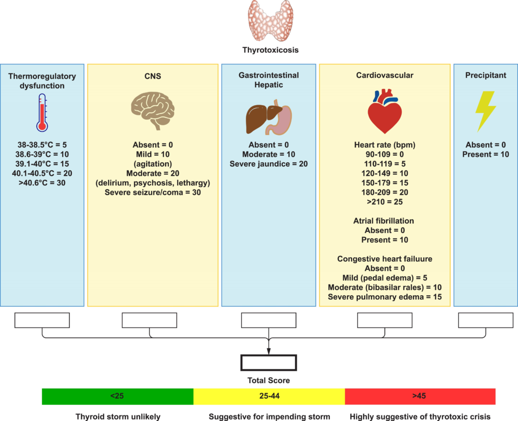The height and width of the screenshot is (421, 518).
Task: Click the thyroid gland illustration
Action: [270, 21]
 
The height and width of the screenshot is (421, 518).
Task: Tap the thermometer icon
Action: [42, 113]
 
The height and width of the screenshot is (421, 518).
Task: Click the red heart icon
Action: [384, 111]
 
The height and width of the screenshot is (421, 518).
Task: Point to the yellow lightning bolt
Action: [486, 111]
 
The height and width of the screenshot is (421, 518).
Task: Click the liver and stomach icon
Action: [269, 117]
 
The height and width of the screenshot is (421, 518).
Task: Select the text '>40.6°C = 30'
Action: [42, 183]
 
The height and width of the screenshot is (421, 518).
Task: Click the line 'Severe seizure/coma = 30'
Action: [153, 193]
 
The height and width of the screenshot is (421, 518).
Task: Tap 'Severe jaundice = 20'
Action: [269, 164]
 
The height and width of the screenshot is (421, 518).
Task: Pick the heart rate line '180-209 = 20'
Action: [384, 193]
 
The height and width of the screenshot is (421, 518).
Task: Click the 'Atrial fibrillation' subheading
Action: [383, 221]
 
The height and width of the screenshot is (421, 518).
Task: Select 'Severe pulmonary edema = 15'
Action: [384, 297]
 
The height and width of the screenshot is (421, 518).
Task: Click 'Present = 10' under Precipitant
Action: [486, 155]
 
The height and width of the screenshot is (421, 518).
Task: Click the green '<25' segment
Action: [117, 396]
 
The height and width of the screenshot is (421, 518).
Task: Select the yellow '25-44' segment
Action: [269, 396]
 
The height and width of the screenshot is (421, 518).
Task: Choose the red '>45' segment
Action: [420, 396]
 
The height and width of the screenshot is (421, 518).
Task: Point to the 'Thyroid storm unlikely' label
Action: [118, 417]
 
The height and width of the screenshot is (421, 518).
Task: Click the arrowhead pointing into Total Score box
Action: [269, 352]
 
